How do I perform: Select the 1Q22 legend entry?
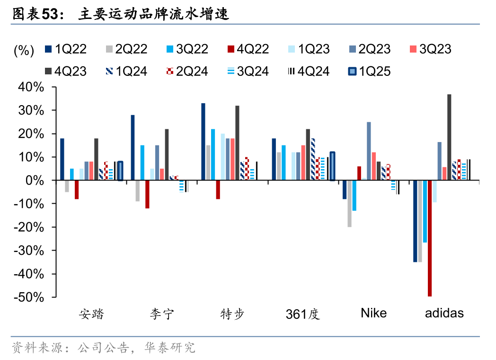click(66, 49)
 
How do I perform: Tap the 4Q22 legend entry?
click(248, 49)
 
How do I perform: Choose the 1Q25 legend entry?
click(369, 72)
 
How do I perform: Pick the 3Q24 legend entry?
click(247, 72)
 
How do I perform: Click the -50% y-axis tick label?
click(31, 297)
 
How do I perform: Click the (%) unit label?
click(24, 50)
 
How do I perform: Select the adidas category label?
click(444, 313)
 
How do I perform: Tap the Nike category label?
click(373, 313)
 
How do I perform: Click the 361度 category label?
click(303, 314)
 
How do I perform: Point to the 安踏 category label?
click(91, 314)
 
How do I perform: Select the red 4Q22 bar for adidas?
click(430, 238)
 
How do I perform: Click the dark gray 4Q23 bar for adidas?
click(449, 137)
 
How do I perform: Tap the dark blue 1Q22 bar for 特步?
click(204, 142)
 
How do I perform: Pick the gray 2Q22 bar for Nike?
click(349, 204)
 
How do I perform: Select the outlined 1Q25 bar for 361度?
click(332, 166)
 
